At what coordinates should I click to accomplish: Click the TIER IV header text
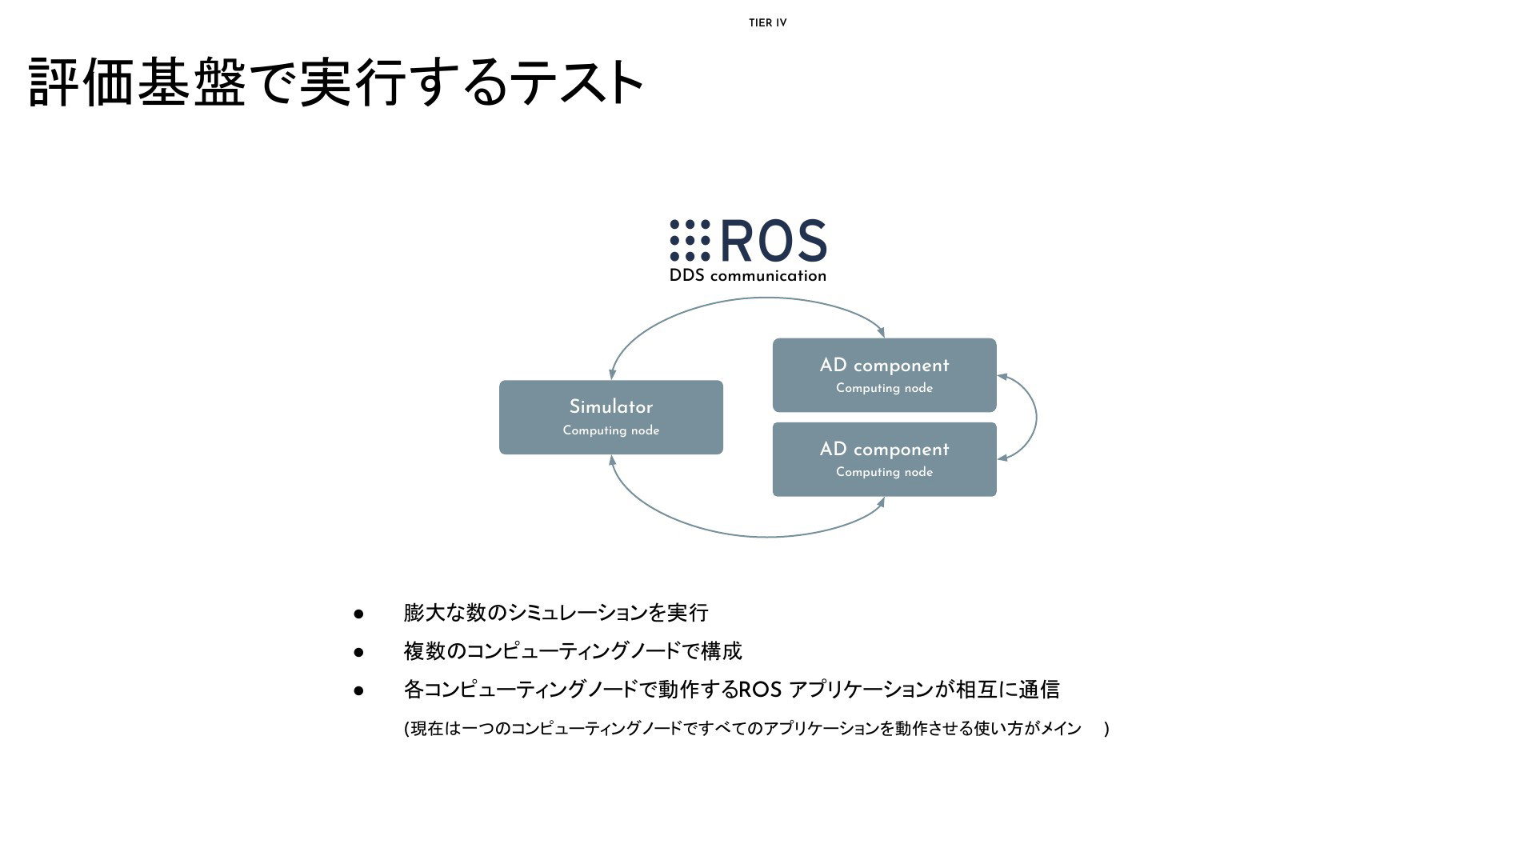click(767, 23)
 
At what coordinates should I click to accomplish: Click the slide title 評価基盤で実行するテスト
click(336, 82)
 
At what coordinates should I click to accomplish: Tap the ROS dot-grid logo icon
click(690, 241)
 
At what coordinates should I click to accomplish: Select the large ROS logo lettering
click(774, 241)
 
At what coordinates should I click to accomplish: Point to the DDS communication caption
click(747, 276)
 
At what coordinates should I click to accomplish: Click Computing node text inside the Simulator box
click(610, 430)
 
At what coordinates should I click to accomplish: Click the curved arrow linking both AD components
click(1035, 417)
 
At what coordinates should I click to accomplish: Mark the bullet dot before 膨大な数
click(358, 614)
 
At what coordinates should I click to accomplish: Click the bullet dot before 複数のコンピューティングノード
click(358, 653)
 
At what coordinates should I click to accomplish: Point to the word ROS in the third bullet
click(759, 690)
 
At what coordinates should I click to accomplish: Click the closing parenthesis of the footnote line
click(1106, 729)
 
